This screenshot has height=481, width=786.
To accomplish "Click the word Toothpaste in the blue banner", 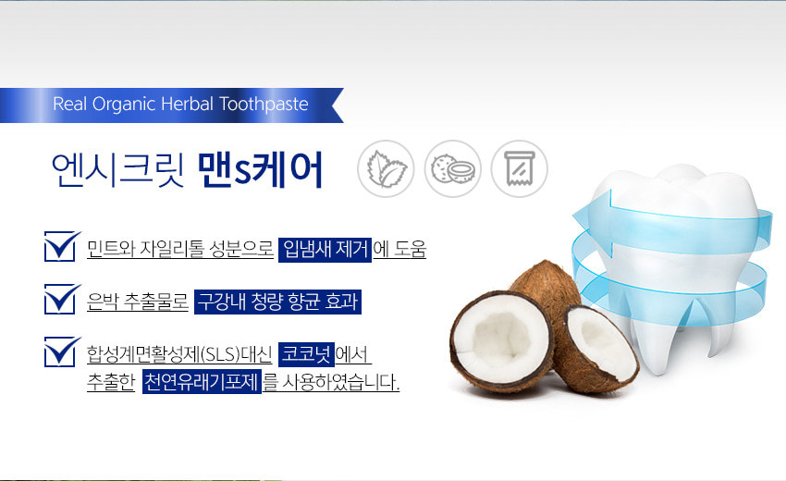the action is (x=264, y=105).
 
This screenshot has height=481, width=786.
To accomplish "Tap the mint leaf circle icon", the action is (x=386, y=168).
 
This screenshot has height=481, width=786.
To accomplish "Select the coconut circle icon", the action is (x=453, y=168).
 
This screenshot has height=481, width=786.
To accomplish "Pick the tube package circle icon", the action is (x=520, y=168).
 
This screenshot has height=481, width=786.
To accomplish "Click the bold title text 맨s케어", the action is (x=260, y=169).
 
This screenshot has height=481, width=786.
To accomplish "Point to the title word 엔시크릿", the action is (x=118, y=169).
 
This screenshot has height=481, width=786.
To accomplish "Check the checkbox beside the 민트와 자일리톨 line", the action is (x=62, y=246).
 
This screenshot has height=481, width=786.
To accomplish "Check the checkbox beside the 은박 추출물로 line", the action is (x=62, y=299).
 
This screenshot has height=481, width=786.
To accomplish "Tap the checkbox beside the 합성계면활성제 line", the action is (x=62, y=351).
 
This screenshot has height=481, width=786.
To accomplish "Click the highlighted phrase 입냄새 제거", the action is (x=325, y=249).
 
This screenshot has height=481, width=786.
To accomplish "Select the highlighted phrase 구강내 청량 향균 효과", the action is (x=277, y=302).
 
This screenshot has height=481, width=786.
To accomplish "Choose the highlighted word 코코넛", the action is (x=306, y=354).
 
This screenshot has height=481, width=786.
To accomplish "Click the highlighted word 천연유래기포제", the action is (x=202, y=382).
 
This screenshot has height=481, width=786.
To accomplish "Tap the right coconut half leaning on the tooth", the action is (x=599, y=349).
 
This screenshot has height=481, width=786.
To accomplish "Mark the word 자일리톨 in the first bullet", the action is (x=171, y=249).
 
